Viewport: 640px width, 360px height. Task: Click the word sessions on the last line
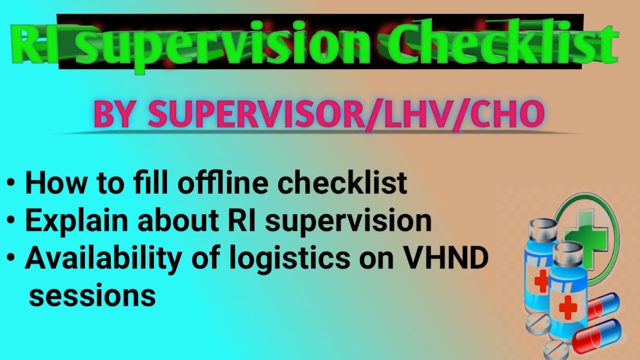click(x=92, y=295)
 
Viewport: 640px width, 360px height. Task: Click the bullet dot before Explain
click(x=11, y=220)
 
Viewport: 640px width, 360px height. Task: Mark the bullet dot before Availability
click(x=11, y=258)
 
